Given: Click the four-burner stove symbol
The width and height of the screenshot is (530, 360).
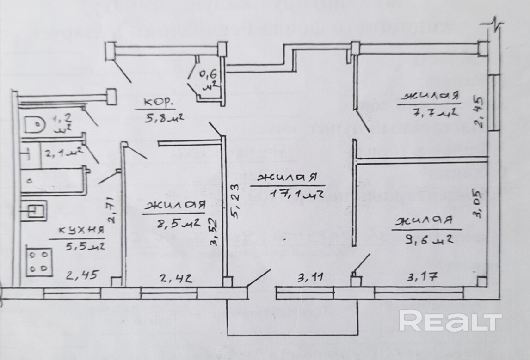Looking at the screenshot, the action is (38, 262).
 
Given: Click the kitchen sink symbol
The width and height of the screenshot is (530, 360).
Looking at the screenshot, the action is (35, 211).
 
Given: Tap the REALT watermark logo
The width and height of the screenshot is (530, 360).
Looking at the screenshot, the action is (450, 322).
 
